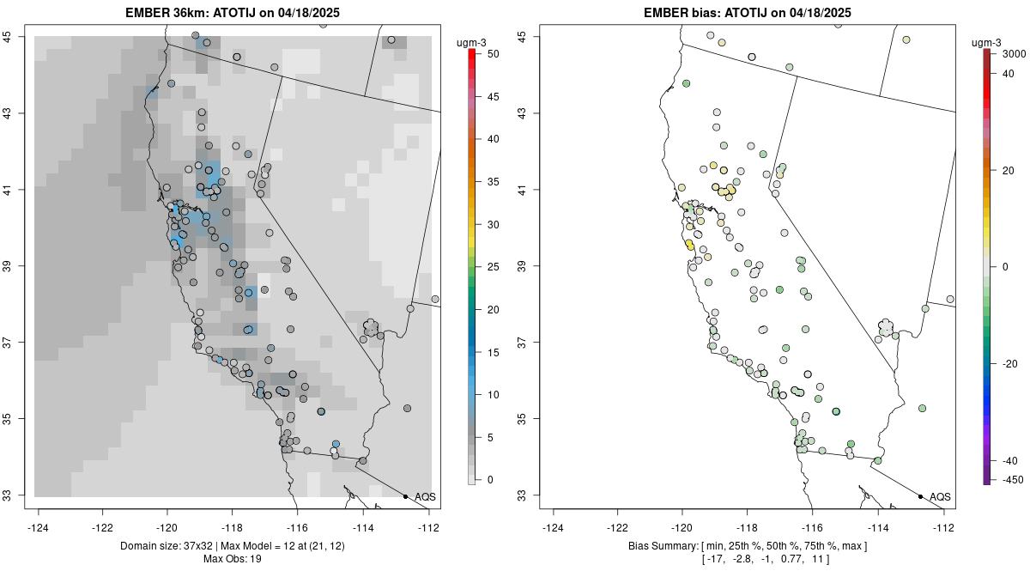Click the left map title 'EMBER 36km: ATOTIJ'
point(233,13)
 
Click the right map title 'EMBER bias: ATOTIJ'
point(748,13)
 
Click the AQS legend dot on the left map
point(405,496)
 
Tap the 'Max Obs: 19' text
point(233,559)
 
